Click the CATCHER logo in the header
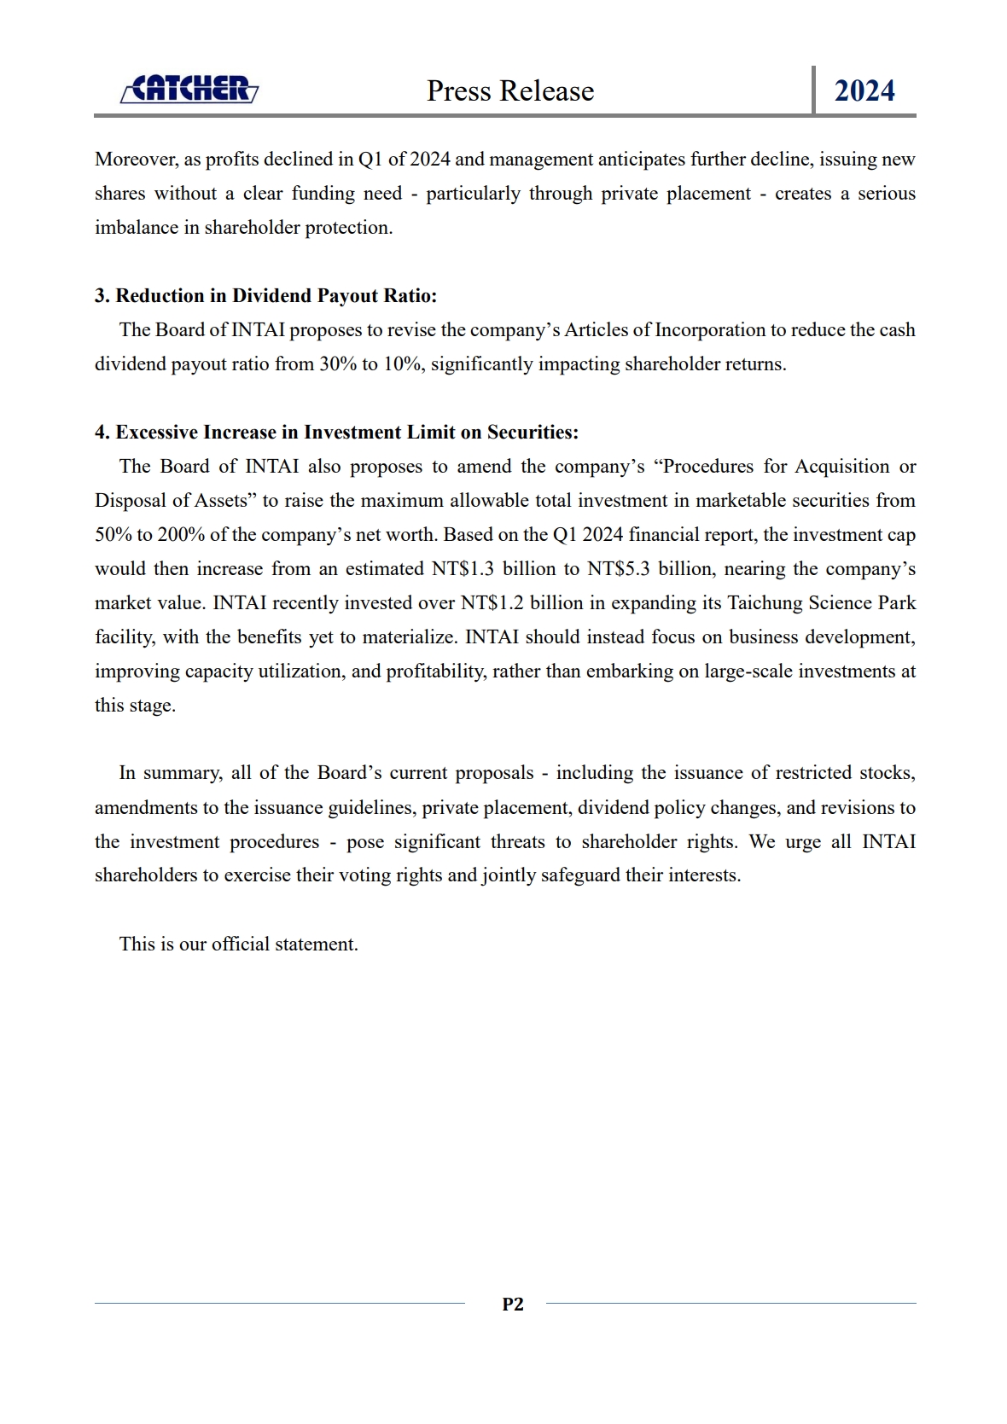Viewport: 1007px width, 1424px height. [x=189, y=89]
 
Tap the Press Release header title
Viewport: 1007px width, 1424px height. [x=510, y=90]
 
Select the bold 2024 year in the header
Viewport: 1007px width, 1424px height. [x=864, y=90]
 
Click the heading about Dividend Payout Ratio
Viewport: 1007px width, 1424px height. [x=265, y=296]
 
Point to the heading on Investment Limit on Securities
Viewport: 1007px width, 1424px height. [x=336, y=433]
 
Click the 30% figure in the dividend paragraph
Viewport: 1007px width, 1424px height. [x=338, y=364]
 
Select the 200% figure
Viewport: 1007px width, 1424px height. [x=179, y=535]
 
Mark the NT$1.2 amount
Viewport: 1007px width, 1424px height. [x=492, y=603]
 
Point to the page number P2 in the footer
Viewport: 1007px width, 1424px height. [x=513, y=1304]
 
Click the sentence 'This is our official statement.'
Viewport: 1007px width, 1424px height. [x=238, y=944]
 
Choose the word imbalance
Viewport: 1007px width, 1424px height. [x=136, y=228]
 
